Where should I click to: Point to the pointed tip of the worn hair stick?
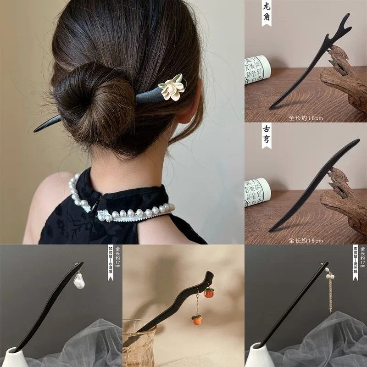[37, 130]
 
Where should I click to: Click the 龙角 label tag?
[267, 12]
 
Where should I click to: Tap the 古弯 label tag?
[267, 135]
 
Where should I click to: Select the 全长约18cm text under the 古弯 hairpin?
[306, 239]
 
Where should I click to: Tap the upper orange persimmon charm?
[209, 292]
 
